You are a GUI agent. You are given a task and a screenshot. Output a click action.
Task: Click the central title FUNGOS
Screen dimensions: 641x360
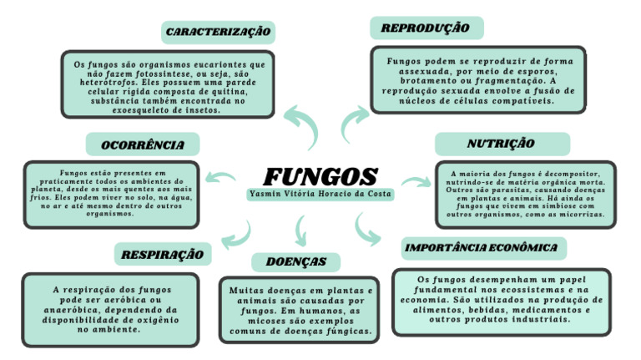tap(321, 176)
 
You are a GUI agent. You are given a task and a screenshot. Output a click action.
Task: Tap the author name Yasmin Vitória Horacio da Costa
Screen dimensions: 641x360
tap(321, 194)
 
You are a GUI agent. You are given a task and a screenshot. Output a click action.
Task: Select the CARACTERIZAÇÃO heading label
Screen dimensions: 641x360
tap(219, 32)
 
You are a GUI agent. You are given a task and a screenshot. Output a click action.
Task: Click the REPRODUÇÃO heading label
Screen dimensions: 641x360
tap(425, 28)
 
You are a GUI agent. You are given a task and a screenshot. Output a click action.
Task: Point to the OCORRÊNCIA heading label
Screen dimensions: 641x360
tap(143, 145)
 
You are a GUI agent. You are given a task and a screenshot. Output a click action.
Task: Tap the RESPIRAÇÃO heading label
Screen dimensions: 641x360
tap(163, 253)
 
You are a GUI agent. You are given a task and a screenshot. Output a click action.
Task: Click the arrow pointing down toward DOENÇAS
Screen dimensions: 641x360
tap(300, 229)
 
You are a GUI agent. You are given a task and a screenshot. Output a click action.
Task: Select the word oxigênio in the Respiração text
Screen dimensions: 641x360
tap(155, 320)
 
